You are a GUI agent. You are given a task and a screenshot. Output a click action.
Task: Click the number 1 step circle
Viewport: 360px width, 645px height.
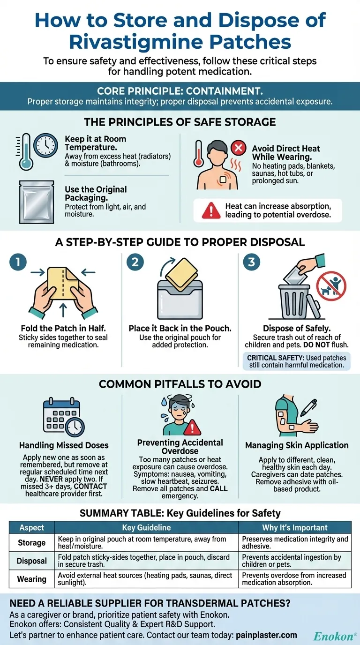coord(18,262)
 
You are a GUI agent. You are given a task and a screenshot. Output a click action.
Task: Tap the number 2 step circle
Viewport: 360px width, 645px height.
coord(135,262)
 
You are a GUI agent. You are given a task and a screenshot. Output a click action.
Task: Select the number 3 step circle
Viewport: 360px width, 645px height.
coord(251,262)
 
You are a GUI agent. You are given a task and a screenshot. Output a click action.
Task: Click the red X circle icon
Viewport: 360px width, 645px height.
coord(239,148)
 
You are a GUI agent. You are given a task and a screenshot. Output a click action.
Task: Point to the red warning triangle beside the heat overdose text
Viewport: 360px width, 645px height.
coord(211,210)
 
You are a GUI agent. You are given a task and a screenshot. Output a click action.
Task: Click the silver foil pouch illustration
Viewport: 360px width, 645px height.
coord(37,202)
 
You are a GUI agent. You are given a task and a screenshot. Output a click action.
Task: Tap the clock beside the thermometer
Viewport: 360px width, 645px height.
coord(46,145)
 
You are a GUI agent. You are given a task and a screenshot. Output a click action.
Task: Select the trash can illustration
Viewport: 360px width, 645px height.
coord(297,301)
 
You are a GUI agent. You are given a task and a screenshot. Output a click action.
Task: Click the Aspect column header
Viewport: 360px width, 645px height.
coord(32,527)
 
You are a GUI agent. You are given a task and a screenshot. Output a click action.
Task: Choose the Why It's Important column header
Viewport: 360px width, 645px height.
coord(295,527)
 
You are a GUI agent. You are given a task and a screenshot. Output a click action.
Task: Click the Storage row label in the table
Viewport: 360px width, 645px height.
coord(32,542)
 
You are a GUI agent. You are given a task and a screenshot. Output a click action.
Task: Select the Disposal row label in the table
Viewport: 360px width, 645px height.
coord(32,561)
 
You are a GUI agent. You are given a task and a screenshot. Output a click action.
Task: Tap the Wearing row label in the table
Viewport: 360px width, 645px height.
coord(32,579)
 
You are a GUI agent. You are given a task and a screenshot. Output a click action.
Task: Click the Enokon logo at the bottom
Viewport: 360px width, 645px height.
coord(335,636)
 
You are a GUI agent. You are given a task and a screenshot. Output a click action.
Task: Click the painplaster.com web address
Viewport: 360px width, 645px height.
coord(266,635)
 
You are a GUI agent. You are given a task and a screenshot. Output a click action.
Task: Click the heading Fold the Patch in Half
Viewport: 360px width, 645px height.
coord(63,328)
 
